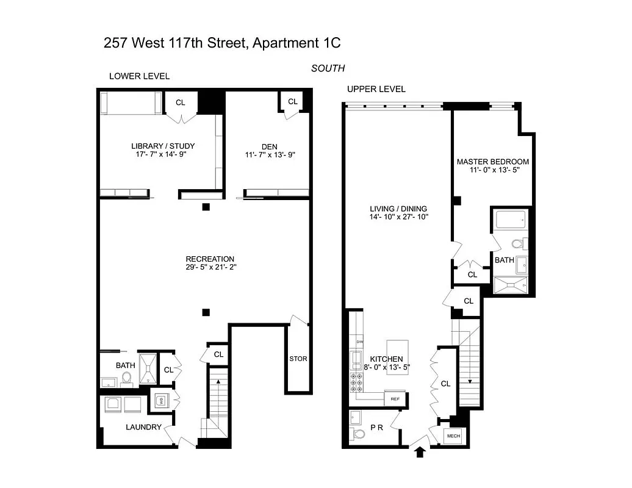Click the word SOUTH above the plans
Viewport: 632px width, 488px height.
tap(328, 68)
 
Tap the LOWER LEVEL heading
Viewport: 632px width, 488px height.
tap(139, 76)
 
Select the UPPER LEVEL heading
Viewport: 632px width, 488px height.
tap(376, 89)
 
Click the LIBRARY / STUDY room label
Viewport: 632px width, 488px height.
tap(163, 146)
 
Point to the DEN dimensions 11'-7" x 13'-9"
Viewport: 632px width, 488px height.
tap(269, 155)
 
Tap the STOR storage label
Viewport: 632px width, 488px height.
tap(298, 359)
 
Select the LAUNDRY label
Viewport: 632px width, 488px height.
tap(145, 427)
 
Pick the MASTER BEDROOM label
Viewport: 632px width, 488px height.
tap(493, 162)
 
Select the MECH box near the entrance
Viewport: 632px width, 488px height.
tap(453, 436)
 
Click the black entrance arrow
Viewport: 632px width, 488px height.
tap(420, 452)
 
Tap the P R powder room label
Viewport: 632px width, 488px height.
tap(376, 428)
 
